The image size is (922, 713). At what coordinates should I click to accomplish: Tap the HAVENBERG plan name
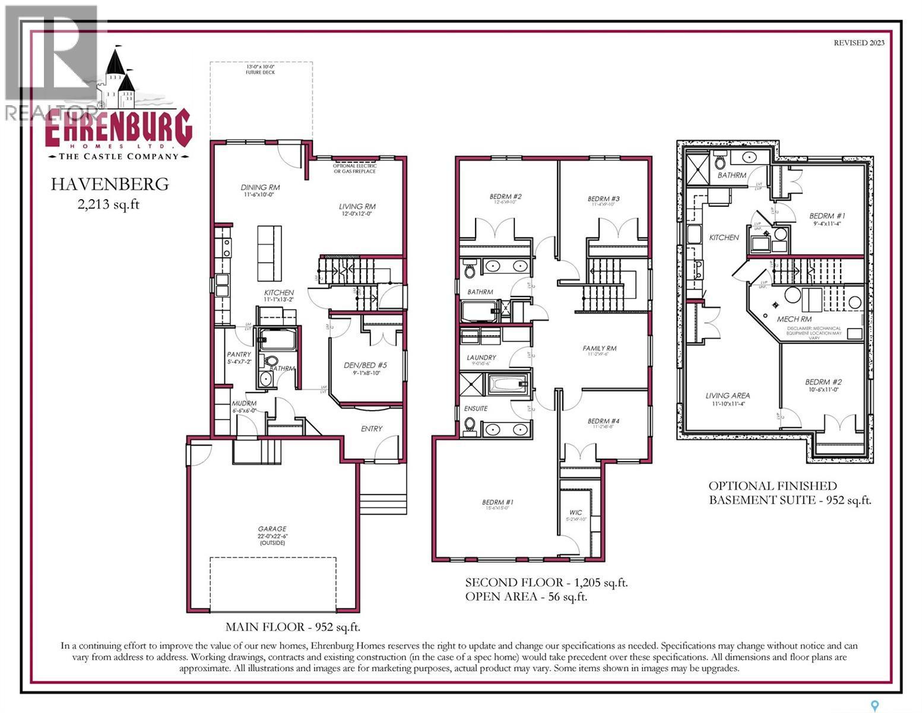tap(109, 184)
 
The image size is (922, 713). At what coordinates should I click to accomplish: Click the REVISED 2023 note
tap(858, 42)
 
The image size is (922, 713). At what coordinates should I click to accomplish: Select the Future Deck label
tap(261, 70)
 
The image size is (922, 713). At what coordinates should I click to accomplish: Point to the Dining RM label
tap(260, 187)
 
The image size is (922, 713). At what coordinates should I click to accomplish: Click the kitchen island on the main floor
tap(269, 253)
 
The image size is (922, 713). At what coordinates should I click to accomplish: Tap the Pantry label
tap(239, 354)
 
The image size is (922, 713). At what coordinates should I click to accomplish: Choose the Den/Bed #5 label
tap(365, 365)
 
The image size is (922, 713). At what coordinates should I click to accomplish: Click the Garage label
tap(272, 529)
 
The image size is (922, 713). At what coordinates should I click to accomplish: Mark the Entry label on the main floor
tap(372, 428)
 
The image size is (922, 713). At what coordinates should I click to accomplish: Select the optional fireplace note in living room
tap(354, 169)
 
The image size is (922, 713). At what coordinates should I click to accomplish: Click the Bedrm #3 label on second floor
tap(603, 199)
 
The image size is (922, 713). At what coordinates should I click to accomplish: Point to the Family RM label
tap(600, 348)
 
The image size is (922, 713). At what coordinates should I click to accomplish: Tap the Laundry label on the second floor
tap(481, 358)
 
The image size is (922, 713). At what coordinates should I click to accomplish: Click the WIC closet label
tap(575, 512)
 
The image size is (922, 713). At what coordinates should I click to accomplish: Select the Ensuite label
tap(476, 408)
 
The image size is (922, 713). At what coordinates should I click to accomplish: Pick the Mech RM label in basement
tap(794, 319)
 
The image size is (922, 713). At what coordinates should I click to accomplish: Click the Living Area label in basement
tap(727, 395)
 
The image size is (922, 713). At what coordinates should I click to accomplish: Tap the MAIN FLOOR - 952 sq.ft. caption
tap(293, 627)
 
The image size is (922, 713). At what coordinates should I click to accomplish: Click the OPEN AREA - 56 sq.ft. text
tap(526, 597)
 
